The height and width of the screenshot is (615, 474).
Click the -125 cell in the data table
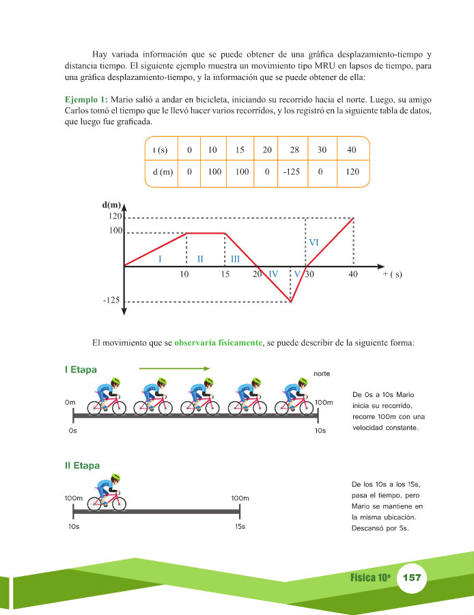(291, 172)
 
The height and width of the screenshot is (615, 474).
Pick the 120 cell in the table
(352, 172)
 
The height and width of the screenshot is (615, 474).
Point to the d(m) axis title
(111, 204)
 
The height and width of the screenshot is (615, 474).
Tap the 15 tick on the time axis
(225, 275)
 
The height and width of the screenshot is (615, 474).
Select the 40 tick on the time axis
(352, 275)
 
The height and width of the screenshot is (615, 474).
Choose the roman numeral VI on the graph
(314, 243)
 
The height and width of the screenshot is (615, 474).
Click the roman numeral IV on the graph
(273, 274)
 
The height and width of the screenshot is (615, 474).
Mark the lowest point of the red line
(292, 301)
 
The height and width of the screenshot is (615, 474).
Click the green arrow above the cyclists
(174, 368)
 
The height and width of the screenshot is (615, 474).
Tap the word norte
(322, 374)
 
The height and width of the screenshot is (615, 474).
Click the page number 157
(412, 578)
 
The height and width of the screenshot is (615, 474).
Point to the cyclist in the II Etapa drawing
(107, 493)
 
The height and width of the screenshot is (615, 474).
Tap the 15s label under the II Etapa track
(239, 527)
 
